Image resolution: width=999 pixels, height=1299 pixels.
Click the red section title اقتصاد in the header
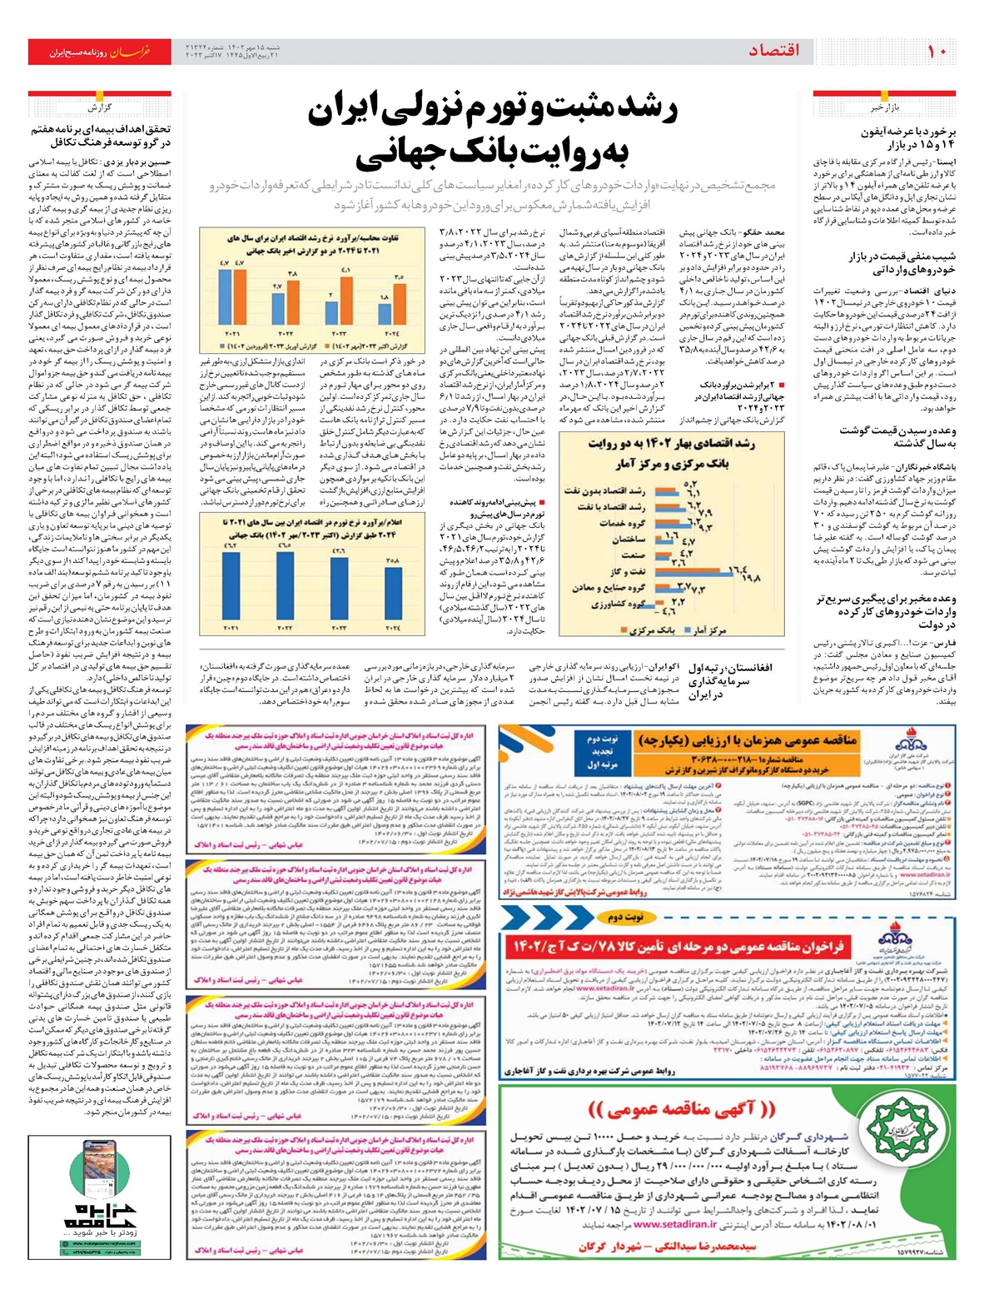(x=773, y=51)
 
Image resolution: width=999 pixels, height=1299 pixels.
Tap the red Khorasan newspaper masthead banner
(x=99, y=52)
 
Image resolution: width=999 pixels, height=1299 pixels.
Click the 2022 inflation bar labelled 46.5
(x=285, y=583)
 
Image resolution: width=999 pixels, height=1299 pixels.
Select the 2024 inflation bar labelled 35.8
(x=392, y=590)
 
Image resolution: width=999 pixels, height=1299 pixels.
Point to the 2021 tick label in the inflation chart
(x=231, y=626)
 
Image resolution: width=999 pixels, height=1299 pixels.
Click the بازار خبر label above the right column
(x=887, y=107)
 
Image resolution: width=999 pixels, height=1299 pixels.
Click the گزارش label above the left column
(x=99, y=107)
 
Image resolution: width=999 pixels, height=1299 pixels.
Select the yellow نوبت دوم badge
(x=628, y=917)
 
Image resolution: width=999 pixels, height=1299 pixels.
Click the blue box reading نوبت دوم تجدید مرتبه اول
(x=604, y=751)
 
